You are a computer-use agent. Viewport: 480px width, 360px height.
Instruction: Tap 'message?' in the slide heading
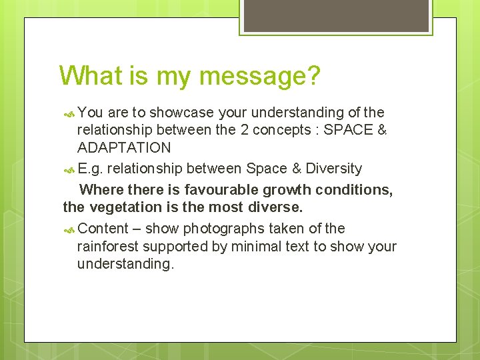(x=260, y=77)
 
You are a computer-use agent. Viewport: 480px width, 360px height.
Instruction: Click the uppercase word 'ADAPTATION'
(x=124, y=147)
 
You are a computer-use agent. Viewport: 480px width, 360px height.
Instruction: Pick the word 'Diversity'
(x=334, y=169)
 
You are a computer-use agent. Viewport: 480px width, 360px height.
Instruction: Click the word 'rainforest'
(x=107, y=246)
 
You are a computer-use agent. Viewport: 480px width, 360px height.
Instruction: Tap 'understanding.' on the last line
(x=125, y=263)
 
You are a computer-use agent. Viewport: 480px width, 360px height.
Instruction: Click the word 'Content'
(x=103, y=229)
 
